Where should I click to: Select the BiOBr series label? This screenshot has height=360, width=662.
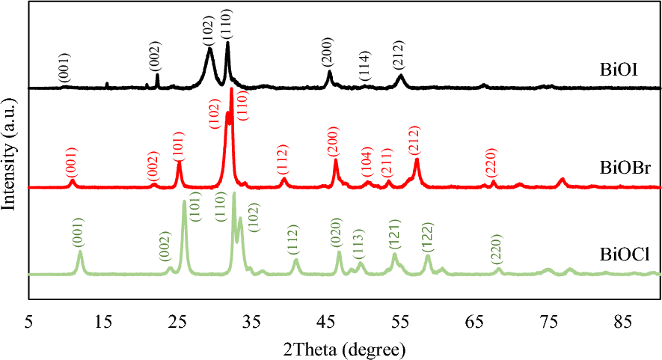pos(620,168)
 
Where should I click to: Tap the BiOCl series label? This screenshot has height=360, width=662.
pos(620,257)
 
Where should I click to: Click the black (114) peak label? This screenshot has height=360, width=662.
pos(364,70)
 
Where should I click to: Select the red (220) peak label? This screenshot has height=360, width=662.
pos(491,162)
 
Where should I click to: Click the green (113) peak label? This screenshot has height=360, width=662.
pos(358,242)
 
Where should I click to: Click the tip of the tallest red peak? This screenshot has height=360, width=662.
pos(232,88)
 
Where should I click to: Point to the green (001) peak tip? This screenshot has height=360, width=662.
pos(80,251)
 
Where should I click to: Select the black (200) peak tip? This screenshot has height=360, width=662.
pos(329,71)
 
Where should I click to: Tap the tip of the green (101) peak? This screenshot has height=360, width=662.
pos(184,201)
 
